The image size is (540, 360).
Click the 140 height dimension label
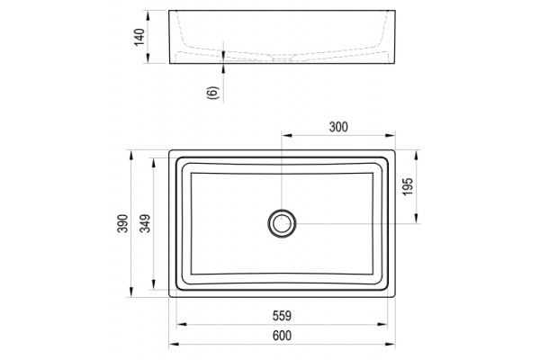139,38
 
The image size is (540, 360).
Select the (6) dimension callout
212,93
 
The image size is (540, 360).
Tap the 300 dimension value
338,127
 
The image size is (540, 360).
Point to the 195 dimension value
408,186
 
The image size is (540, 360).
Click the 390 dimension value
122,223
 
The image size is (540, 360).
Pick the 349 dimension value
145,223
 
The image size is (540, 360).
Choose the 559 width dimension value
282,316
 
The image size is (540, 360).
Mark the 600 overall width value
282,335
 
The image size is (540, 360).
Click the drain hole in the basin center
282,223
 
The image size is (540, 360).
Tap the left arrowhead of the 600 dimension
174,344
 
